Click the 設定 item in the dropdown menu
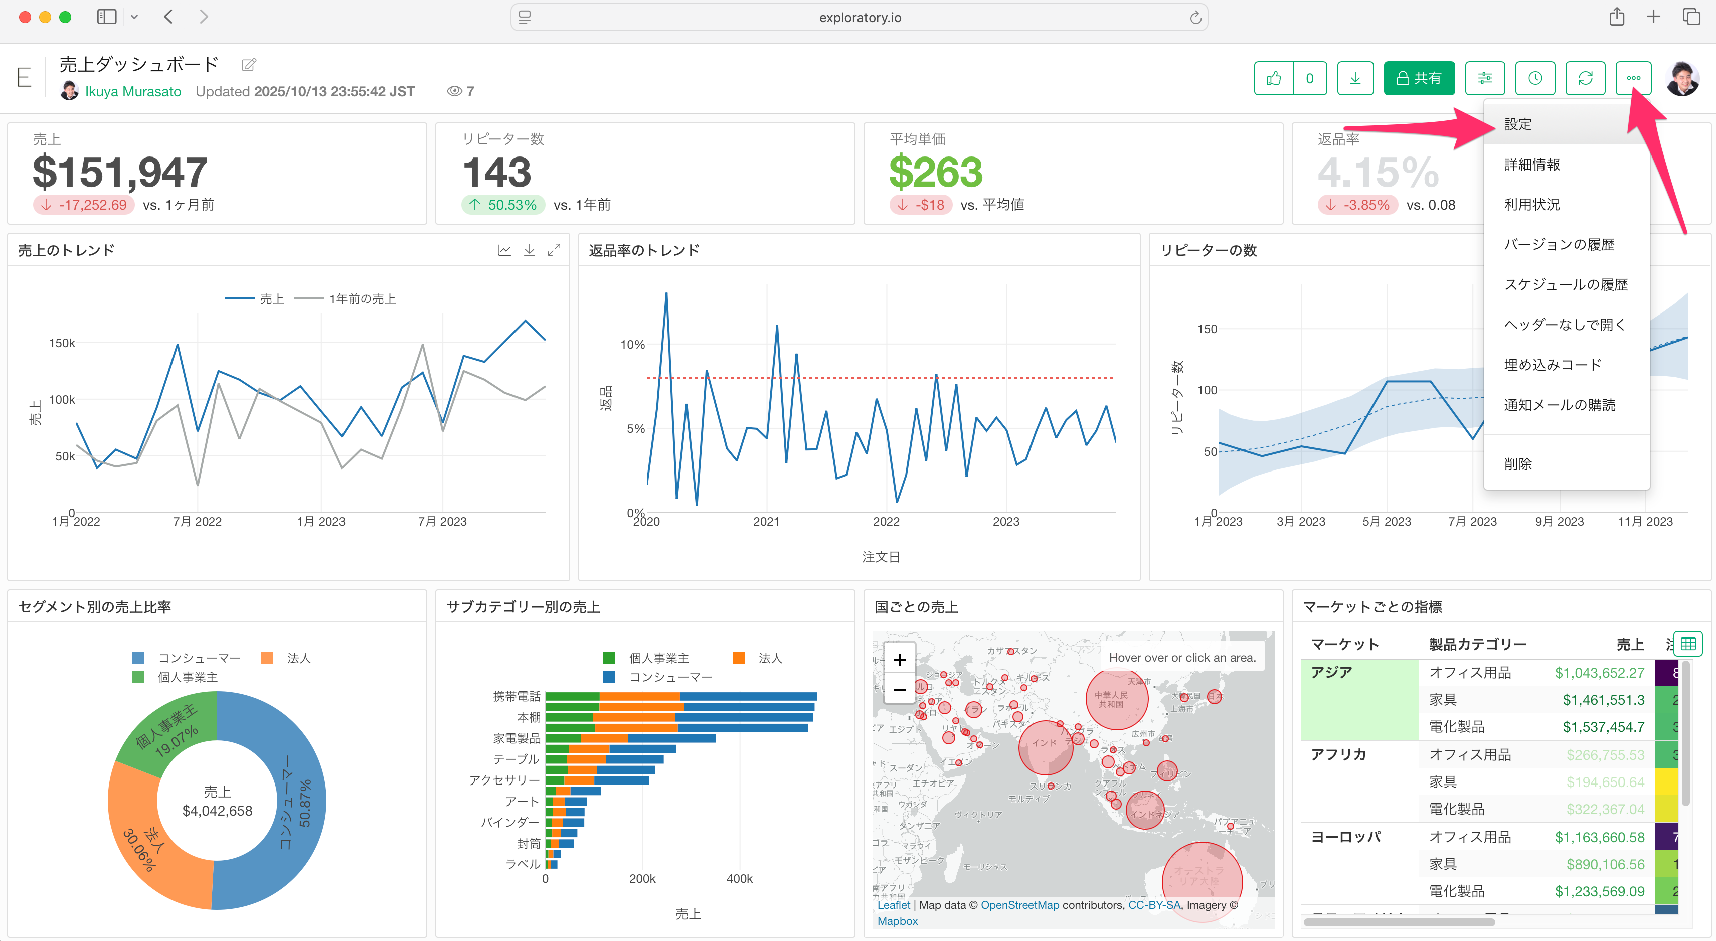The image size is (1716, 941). [x=1517, y=124]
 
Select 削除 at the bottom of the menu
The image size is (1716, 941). [x=1517, y=464]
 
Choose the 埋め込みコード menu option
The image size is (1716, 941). [x=1552, y=365]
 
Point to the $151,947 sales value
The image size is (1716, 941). [x=120, y=172]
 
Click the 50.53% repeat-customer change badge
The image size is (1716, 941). [x=503, y=205]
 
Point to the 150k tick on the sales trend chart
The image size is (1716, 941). [x=62, y=343]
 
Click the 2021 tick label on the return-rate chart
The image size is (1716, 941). [x=766, y=521]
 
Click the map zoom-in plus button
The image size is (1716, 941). [x=899, y=660]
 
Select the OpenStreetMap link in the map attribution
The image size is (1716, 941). [x=1019, y=905]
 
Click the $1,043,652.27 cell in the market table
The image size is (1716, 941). [x=1599, y=673]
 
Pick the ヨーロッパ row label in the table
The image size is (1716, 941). [x=1345, y=837]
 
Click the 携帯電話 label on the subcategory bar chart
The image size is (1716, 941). [x=517, y=696]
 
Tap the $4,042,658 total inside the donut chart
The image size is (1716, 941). [x=217, y=811]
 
